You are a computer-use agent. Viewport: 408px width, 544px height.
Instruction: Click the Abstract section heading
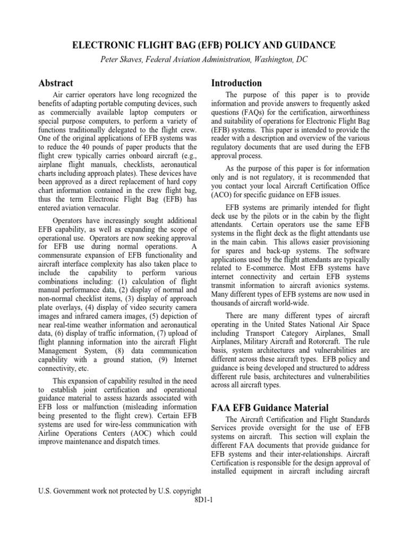(x=56, y=83)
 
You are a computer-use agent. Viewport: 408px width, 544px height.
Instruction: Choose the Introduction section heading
(x=236, y=83)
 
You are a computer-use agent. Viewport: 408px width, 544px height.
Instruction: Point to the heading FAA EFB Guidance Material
(x=270, y=407)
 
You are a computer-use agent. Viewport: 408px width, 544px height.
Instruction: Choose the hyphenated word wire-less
(x=100, y=424)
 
